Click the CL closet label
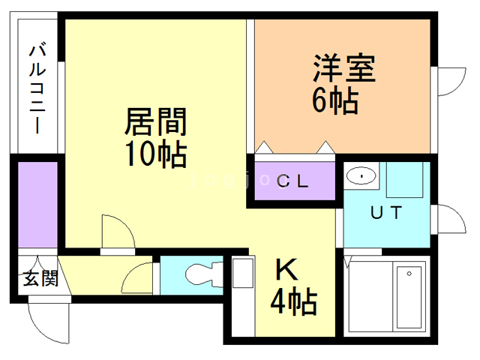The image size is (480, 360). click(x=295, y=181)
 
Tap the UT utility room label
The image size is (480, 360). click(x=388, y=212)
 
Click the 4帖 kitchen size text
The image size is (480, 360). click(x=293, y=302)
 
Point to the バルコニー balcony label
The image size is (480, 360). click(x=38, y=88)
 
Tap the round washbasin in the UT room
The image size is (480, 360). click(x=361, y=176)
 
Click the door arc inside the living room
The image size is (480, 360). click(x=116, y=232)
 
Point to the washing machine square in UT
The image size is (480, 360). click(x=406, y=180)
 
